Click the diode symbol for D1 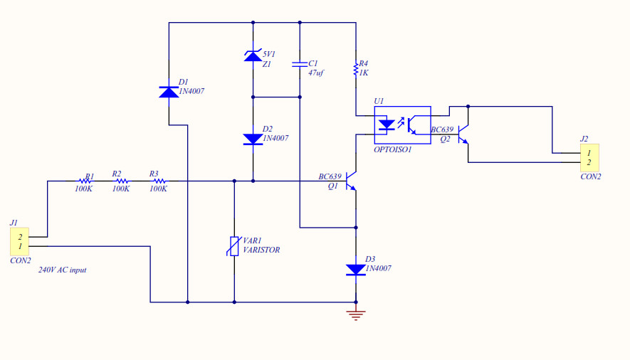(x=169, y=92)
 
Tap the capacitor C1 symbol (x=300, y=65)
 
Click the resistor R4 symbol (x=356, y=69)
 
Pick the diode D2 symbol (x=253, y=139)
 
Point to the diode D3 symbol (x=356, y=269)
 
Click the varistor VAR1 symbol (x=234, y=246)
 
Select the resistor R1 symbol (x=84, y=181)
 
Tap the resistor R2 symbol (x=121, y=181)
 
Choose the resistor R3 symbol (x=158, y=181)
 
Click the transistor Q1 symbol (x=351, y=182)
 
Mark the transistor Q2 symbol (x=463, y=134)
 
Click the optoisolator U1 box (x=402, y=125)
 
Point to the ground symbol (x=356, y=314)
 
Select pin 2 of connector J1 (x=20, y=237)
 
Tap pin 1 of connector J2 (x=589, y=153)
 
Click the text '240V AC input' (x=62, y=270)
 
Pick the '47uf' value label (x=316, y=73)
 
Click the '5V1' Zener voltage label (x=269, y=54)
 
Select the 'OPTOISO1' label (x=392, y=149)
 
